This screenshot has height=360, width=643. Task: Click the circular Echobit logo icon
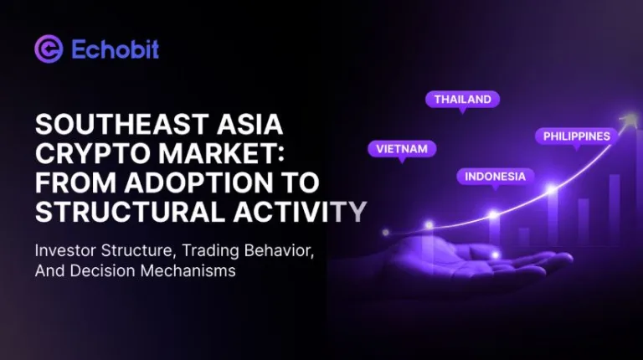[49, 49]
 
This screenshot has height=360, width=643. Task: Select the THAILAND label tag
[462, 100]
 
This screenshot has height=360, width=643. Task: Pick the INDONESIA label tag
[495, 177]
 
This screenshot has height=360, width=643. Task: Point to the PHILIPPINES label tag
[577, 136]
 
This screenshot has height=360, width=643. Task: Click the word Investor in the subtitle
[66, 250]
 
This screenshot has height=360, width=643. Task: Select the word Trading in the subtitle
[207, 250]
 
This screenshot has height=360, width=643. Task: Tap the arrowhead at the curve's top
[619, 125]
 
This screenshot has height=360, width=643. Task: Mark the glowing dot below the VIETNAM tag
[429, 224]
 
